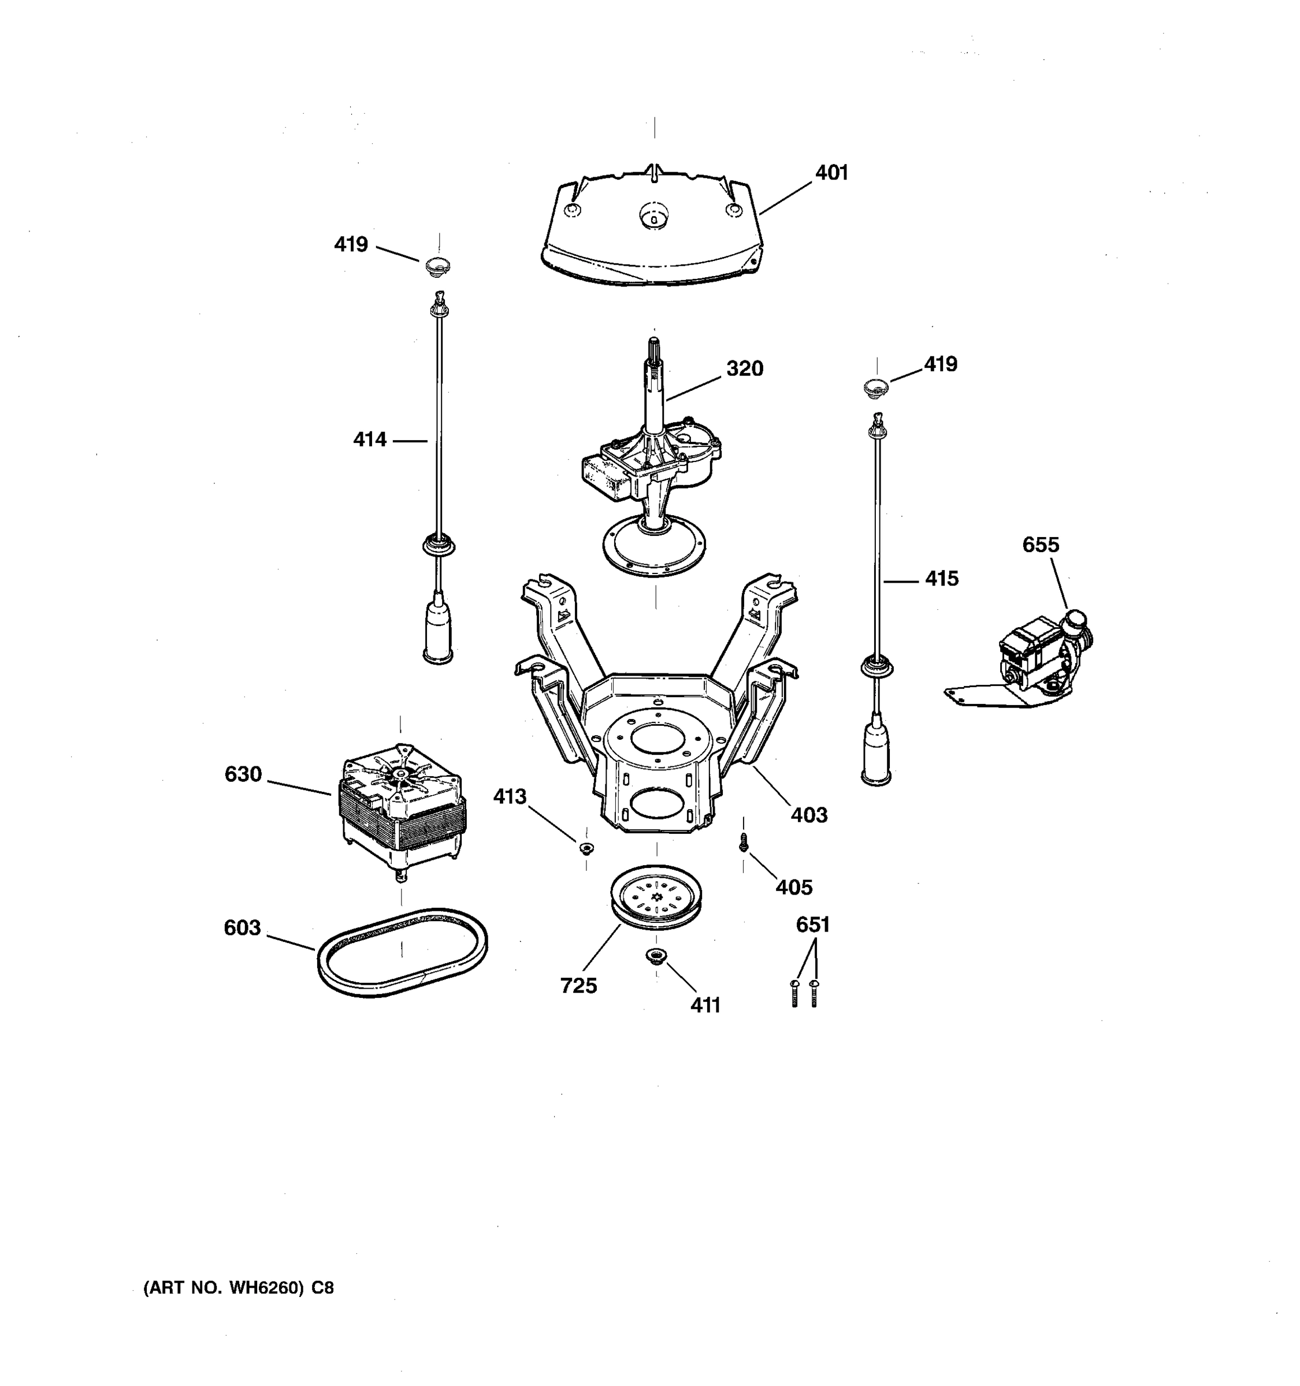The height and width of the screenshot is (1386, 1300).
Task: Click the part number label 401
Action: tap(831, 173)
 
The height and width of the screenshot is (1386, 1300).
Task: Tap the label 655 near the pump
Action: tap(1040, 545)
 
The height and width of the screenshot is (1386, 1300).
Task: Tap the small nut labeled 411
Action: tap(656, 956)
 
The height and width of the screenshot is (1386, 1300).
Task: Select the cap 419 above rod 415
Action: tap(876, 386)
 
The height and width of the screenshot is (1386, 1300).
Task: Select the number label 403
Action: tap(808, 814)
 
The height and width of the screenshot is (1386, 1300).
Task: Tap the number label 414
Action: tap(369, 439)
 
